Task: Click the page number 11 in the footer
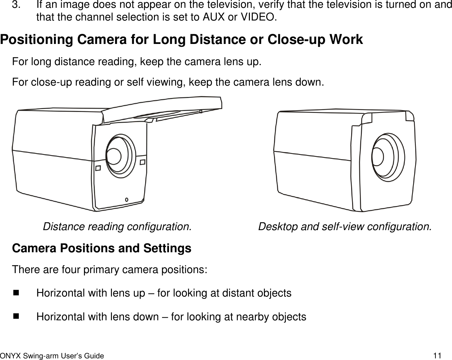[x=437, y=355]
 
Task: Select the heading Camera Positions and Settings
[x=102, y=248]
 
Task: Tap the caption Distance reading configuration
[x=117, y=226]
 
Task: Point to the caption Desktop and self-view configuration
[x=345, y=226]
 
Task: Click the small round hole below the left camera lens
[x=127, y=199]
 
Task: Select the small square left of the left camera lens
[x=98, y=168]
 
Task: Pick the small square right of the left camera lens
[x=143, y=162]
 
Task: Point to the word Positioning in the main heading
[x=37, y=39]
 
